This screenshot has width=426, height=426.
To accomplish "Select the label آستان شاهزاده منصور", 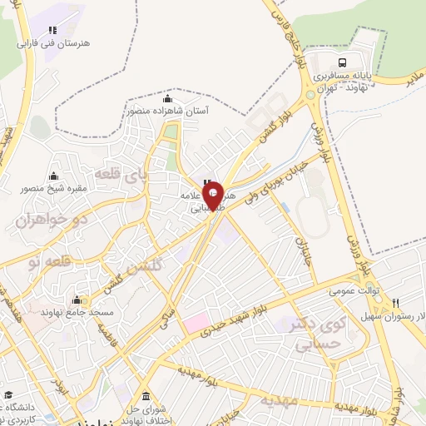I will coord(168,109).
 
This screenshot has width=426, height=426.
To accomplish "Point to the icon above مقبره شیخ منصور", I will coord(54,176).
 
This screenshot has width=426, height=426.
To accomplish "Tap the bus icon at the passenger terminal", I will coord(343,63).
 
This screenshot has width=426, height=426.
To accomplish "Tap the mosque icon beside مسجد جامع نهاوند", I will coord(81,300).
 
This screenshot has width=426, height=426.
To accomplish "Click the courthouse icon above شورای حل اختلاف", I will coord(146,395).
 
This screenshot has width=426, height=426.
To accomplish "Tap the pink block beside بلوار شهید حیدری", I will coord(198,322).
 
